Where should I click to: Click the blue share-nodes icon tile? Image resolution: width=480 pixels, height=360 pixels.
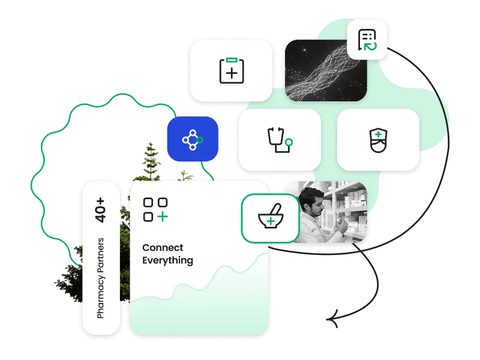coord(193,139)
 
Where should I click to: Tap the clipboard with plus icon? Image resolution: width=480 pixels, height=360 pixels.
coord(232,70)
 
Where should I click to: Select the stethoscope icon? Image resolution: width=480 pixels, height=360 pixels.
coord(280,140)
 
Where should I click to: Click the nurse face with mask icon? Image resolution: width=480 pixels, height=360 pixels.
coord(379,140)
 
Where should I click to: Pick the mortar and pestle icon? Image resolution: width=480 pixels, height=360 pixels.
coord(271,216)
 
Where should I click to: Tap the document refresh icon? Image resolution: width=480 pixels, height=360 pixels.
coord(367,40)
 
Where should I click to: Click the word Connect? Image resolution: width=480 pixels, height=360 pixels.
coord(163,247)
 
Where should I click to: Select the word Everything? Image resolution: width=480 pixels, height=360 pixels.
coord(168,260)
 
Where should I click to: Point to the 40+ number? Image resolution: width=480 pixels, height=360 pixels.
coord(100,210)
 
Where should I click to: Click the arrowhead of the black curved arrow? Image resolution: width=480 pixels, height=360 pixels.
coord(332,319)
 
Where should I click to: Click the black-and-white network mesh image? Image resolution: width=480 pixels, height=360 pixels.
coord(326,70)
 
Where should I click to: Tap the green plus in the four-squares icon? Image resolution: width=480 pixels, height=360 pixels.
coord(163,217)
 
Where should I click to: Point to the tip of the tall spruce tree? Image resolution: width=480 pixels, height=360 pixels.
coord(151,143)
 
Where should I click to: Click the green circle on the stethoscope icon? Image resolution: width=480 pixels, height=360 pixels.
coord(289,142)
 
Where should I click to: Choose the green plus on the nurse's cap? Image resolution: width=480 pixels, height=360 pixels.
coord(379,134)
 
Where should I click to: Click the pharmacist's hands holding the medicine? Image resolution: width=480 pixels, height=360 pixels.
coord(341,227)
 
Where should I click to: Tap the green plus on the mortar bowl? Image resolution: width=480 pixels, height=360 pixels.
coord(271,221)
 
